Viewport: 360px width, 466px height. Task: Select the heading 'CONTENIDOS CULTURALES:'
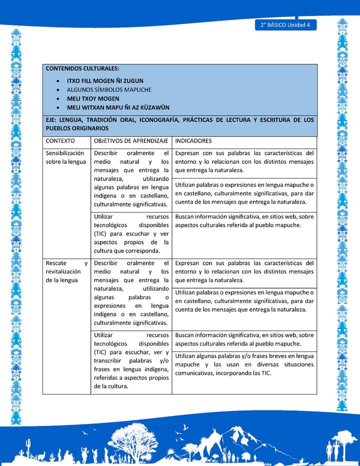tap(82, 68)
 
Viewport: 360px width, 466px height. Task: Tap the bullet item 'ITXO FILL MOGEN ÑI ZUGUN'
tap(104, 80)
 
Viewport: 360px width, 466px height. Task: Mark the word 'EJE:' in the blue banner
tap(52, 120)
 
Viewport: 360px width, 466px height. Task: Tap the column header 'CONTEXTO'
tap(60, 141)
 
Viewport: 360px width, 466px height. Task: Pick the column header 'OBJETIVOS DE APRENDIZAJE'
tap(130, 141)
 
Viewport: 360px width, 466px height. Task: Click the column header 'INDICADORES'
tap(193, 141)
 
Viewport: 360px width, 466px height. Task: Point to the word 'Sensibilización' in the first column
tap(64, 153)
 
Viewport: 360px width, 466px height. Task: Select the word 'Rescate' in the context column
tap(55, 263)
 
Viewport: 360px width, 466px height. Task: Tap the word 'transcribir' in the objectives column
tap(109, 360)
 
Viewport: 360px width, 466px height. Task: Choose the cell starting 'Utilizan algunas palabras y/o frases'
tap(244, 364)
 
